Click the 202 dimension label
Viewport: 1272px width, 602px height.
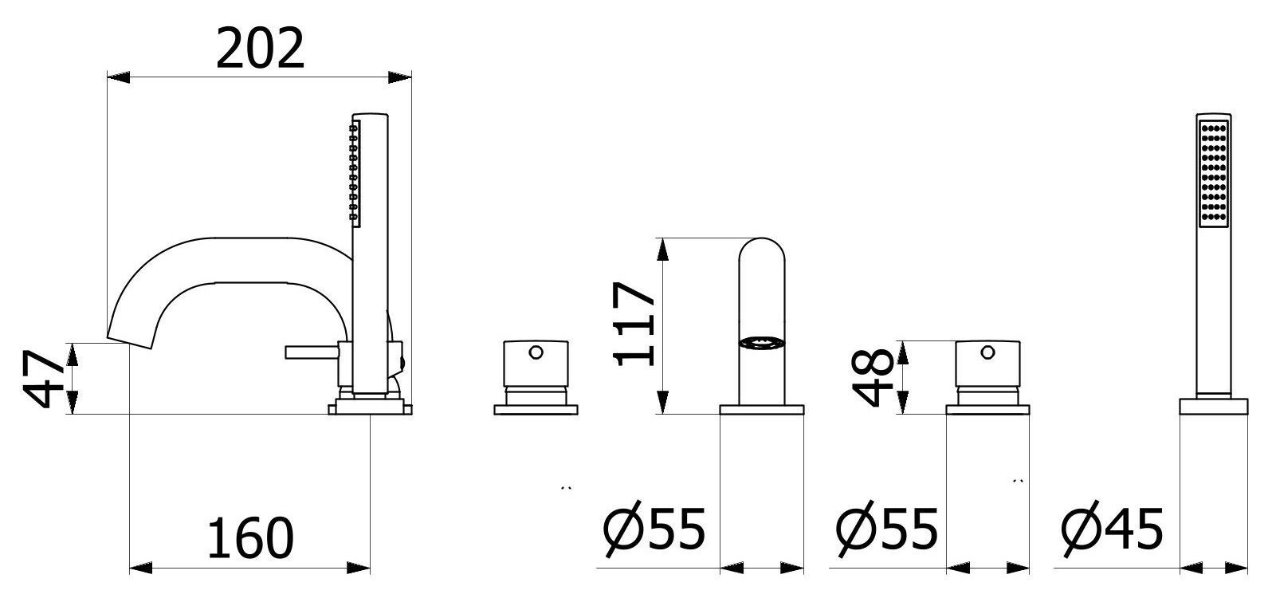tap(260, 49)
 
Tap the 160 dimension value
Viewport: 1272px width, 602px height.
tap(250, 538)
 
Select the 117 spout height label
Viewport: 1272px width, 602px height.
tap(634, 324)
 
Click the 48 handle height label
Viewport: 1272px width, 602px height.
tap(873, 377)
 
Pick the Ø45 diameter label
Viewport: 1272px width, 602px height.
tap(1112, 529)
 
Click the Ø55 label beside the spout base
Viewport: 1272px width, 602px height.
tap(654, 529)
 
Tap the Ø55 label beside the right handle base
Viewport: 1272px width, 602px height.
tap(886, 529)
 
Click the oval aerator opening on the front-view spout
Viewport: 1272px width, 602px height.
tap(761, 342)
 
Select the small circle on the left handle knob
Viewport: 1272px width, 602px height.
tap(536, 352)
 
